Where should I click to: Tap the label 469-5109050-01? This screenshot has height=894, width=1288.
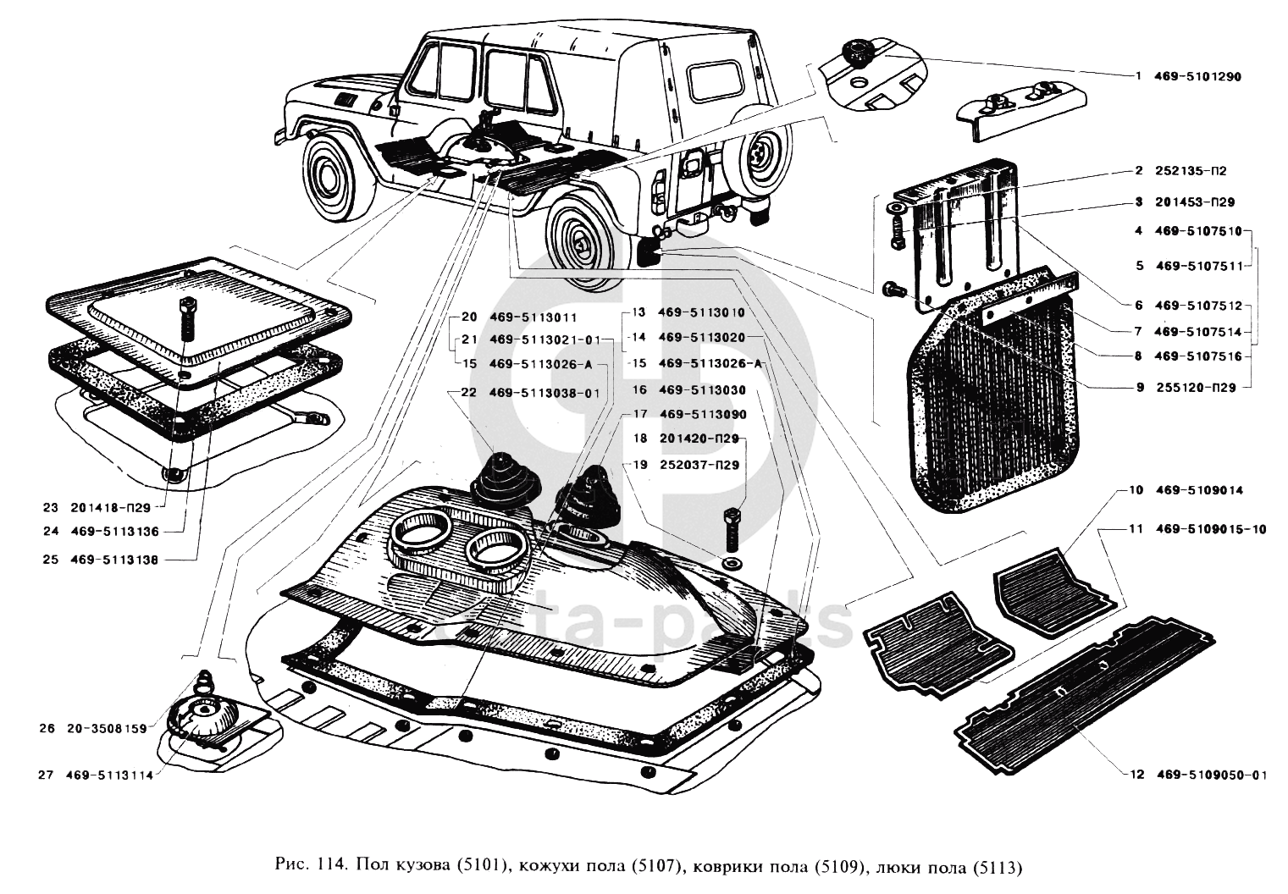pos(1211,774)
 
